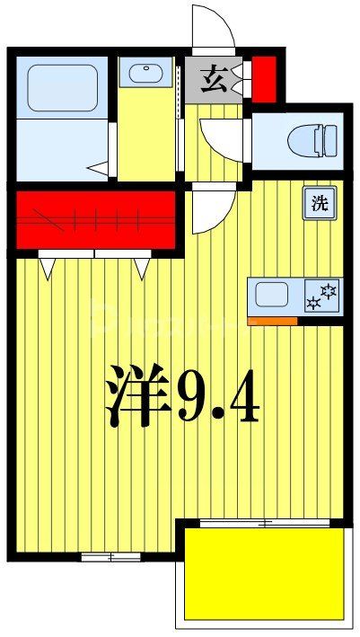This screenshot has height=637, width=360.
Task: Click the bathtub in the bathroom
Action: pos(62,88)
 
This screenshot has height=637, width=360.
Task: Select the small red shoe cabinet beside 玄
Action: pos(264,79)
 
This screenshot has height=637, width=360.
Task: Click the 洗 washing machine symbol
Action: pos(319,203)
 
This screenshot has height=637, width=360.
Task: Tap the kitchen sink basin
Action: pos(271,294)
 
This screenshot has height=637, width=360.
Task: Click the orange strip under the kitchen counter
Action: pos(272,320)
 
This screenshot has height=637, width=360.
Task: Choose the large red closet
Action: pos(96,218)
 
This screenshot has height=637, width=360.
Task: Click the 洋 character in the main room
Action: pos(139,395)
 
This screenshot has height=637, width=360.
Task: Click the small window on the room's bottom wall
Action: pos(99,557)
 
